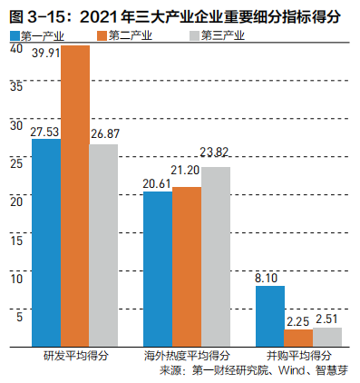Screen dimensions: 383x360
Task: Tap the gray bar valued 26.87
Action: tap(102, 245)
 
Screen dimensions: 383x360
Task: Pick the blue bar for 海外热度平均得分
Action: tap(158, 269)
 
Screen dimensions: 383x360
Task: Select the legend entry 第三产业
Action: tap(216, 34)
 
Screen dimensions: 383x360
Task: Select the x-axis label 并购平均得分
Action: tap(298, 355)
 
